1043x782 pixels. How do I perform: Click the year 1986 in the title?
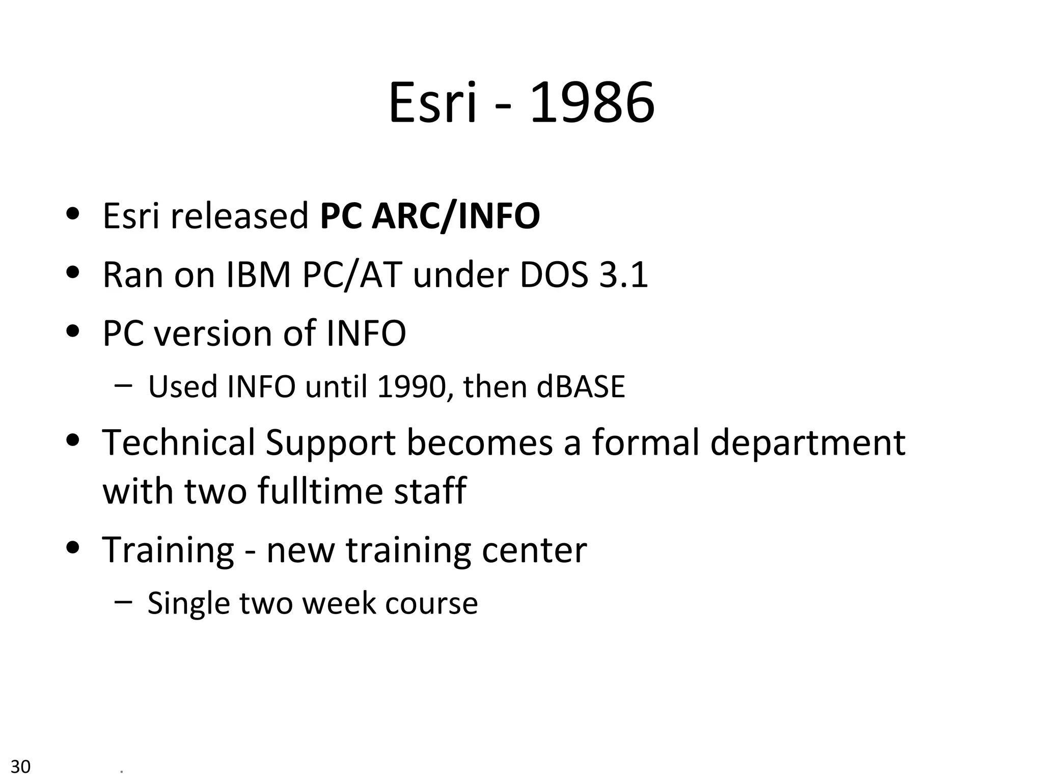592,103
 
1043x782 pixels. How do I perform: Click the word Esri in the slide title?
433,103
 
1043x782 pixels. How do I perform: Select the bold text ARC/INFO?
456,216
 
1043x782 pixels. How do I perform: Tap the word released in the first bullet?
239,216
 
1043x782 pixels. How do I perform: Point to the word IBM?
258,275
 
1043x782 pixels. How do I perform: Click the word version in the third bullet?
213,333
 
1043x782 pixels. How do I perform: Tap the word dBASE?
581,386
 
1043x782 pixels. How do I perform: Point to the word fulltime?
320,491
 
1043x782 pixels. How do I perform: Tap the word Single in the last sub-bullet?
188,603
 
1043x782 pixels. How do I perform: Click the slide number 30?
21,766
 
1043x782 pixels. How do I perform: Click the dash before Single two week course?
123,601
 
